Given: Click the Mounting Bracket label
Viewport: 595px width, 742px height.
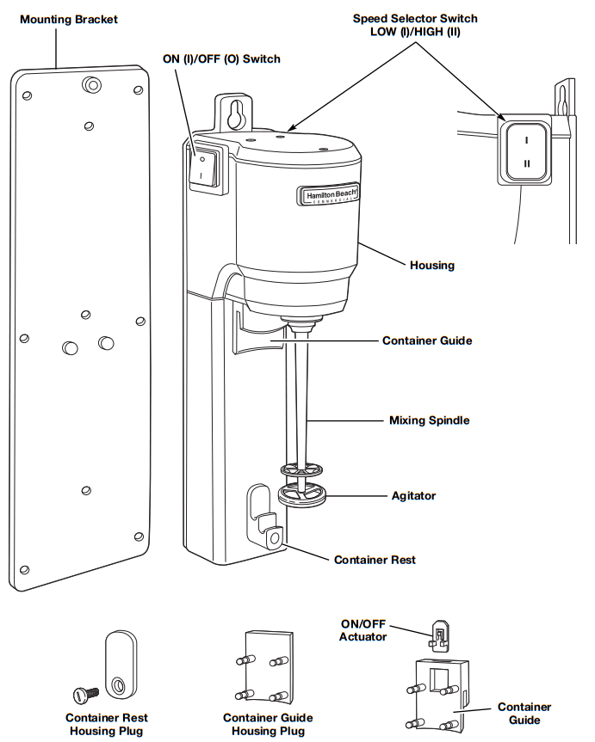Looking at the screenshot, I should (69, 18).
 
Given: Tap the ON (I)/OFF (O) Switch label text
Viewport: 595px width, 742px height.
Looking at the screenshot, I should (222, 58).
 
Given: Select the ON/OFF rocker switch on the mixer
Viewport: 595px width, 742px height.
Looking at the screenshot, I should (202, 168).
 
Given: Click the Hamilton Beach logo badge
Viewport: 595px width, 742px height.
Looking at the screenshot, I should (328, 195).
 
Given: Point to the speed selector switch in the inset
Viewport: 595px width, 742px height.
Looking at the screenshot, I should (525, 150).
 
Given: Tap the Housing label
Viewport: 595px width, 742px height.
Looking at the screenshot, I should (432, 266).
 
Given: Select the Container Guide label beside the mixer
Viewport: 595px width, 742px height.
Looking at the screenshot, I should (426, 340).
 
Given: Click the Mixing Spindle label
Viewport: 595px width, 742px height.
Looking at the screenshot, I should (429, 421).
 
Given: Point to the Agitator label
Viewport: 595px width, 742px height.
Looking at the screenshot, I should (413, 496).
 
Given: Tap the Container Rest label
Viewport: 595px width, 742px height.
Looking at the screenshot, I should (375, 560).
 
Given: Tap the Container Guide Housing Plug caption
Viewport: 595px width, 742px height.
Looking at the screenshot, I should (268, 724).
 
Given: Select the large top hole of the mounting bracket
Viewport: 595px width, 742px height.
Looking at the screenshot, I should (91, 83).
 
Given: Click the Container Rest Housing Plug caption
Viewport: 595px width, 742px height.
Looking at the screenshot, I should (106, 724).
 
